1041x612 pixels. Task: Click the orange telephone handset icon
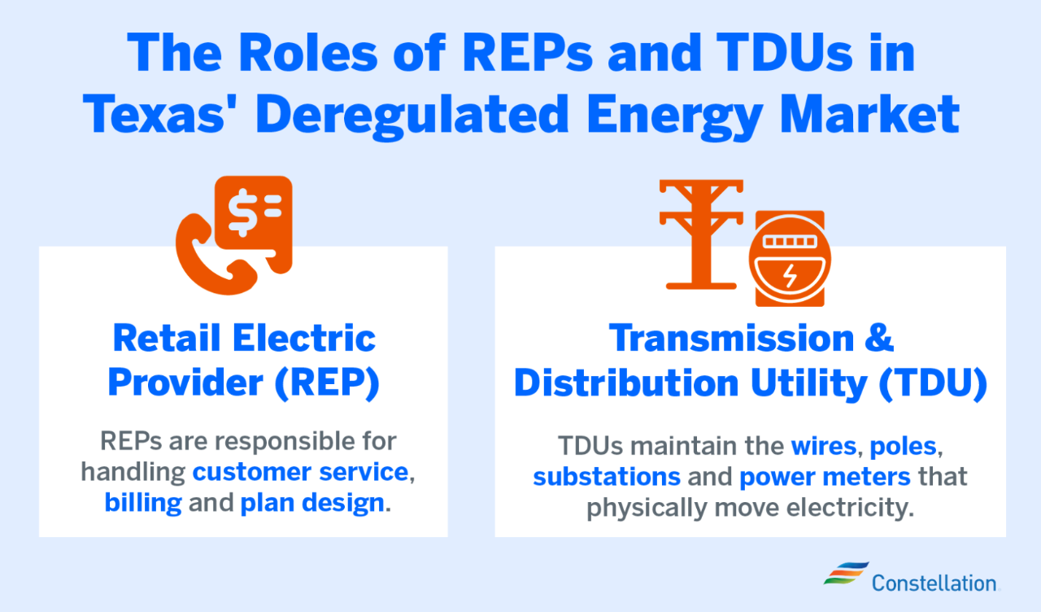[205, 252]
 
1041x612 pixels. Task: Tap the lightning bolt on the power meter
[789, 276]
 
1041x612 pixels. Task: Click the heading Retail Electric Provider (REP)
[244, 361]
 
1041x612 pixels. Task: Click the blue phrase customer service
[300, 472]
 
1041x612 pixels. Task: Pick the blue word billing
[143, 502]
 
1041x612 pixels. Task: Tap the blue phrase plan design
[312, 502]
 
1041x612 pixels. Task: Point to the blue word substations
[606, 476]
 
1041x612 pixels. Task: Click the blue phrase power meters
[825, 476]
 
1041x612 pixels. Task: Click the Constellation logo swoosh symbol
[845, 573]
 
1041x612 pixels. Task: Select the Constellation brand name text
[934, 583]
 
